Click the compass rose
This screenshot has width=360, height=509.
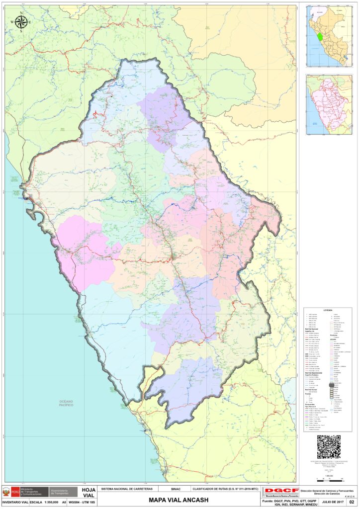21,22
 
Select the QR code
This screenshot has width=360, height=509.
328,447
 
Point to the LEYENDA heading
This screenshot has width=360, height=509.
328,310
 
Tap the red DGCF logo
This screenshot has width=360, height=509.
281,492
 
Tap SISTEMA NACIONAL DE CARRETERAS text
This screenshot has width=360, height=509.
127,489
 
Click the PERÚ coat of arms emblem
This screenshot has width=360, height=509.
6,492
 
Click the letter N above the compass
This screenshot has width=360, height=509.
21,13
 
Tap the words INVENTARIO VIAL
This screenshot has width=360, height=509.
14,503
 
